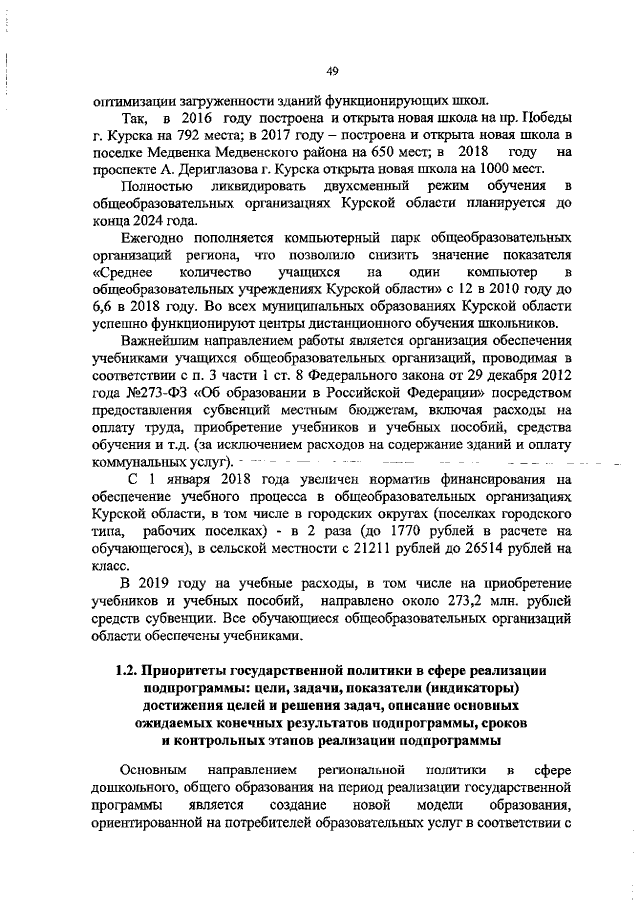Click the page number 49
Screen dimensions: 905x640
point(333,70)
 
